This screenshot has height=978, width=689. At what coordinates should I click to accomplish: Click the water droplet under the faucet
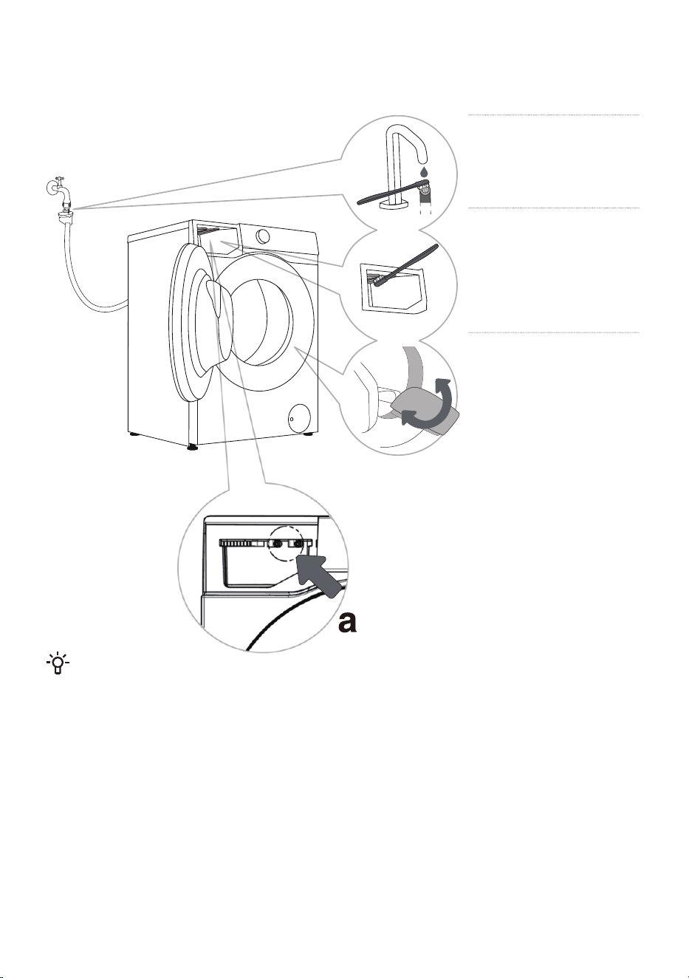pyautogui.click(x=422, y=169)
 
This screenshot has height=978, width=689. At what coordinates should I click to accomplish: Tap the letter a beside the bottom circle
pyautogui.click(x=348, y=622)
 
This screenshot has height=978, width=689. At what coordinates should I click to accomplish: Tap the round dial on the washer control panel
pyautogui.click(x=264, y=236)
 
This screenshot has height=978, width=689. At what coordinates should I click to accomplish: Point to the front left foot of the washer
pyautogui.click(x=191, y=447)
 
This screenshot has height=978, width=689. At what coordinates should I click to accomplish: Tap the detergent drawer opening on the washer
pyautogui.click(x=217, y=238)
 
